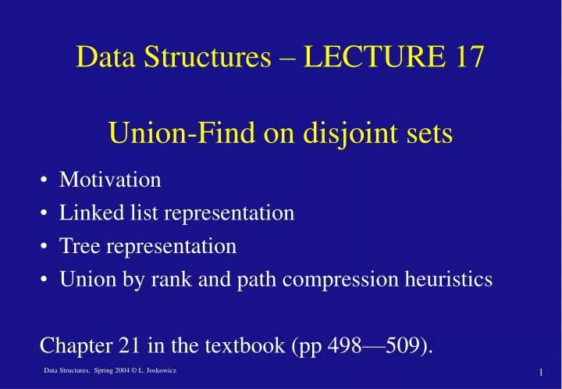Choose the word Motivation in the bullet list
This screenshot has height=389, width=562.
(110, 180)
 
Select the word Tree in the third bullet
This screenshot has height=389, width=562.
(78, 246)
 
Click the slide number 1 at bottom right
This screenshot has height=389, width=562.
(540, 372)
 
